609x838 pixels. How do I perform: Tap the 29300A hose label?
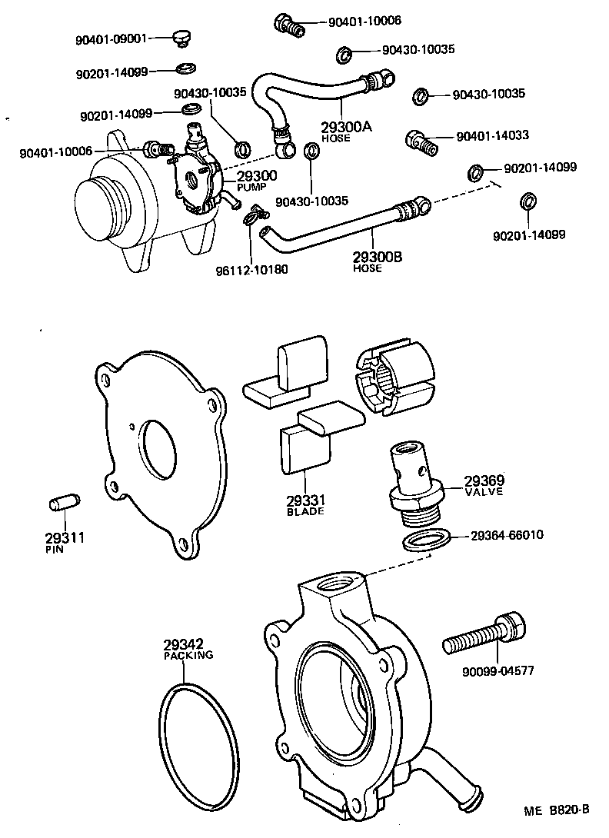pos(345,127)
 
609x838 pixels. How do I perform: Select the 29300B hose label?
pos(378,257)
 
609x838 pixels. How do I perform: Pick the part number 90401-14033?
pos(492,136)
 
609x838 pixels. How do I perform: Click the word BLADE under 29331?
pos(305,511)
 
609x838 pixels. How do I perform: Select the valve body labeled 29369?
pos(410,473)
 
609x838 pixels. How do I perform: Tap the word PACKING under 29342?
pos(188,656)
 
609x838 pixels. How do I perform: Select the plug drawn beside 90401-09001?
pos(181,37)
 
